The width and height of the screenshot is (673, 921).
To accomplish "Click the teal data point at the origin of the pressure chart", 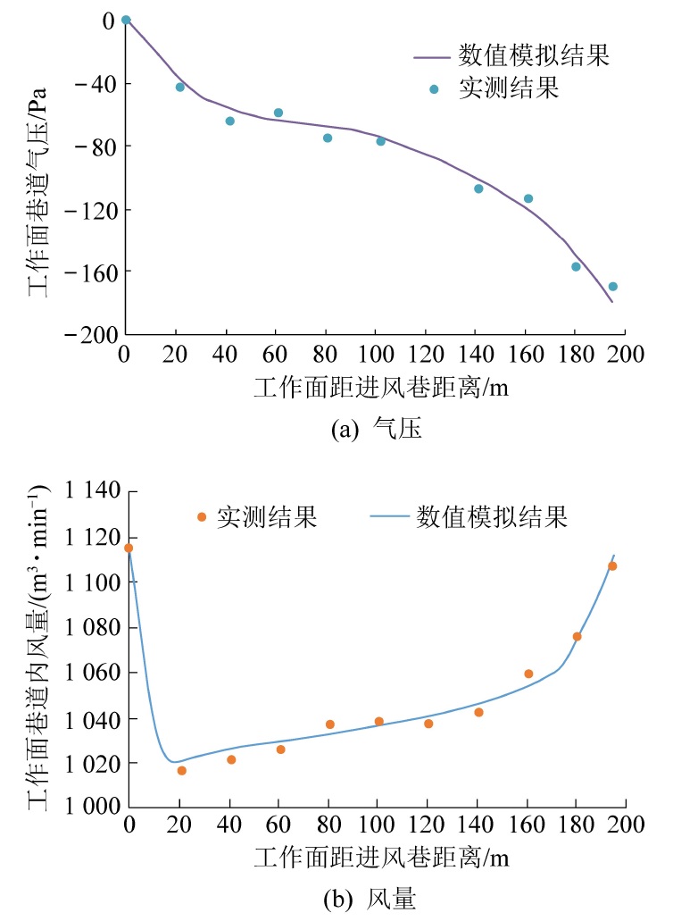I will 126,20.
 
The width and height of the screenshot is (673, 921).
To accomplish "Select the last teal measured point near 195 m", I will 612,287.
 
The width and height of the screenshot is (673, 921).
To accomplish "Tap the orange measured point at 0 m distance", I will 129,548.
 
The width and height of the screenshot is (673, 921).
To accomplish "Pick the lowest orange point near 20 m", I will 182,770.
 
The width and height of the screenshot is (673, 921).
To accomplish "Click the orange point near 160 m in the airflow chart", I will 528,674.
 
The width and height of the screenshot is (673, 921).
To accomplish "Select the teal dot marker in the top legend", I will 434,89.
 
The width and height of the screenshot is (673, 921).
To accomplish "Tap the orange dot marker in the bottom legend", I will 202,517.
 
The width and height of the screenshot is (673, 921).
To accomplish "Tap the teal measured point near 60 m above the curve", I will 278,113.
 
